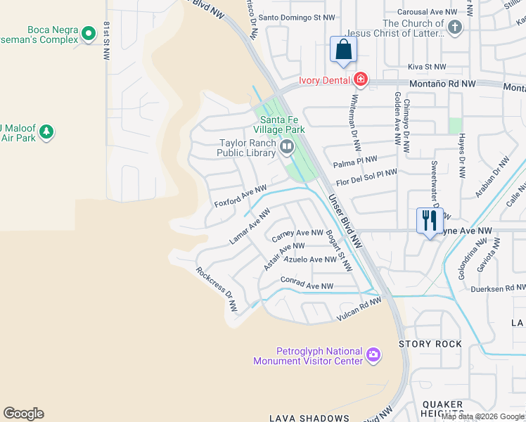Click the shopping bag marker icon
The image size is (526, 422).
343,51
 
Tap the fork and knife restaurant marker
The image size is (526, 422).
428,221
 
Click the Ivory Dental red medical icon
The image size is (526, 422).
361,79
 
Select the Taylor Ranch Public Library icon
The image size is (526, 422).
287,146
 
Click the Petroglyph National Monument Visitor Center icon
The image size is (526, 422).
373,356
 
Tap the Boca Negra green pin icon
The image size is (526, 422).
89,33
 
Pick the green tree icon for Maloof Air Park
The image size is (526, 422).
46,132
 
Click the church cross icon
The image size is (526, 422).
455,28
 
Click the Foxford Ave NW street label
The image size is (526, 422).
240,196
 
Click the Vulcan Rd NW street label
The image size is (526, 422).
359,306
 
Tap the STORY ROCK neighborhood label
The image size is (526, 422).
430,344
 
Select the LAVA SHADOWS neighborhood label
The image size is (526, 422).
309,418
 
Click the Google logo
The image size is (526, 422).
23,414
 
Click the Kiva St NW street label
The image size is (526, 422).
427,67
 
